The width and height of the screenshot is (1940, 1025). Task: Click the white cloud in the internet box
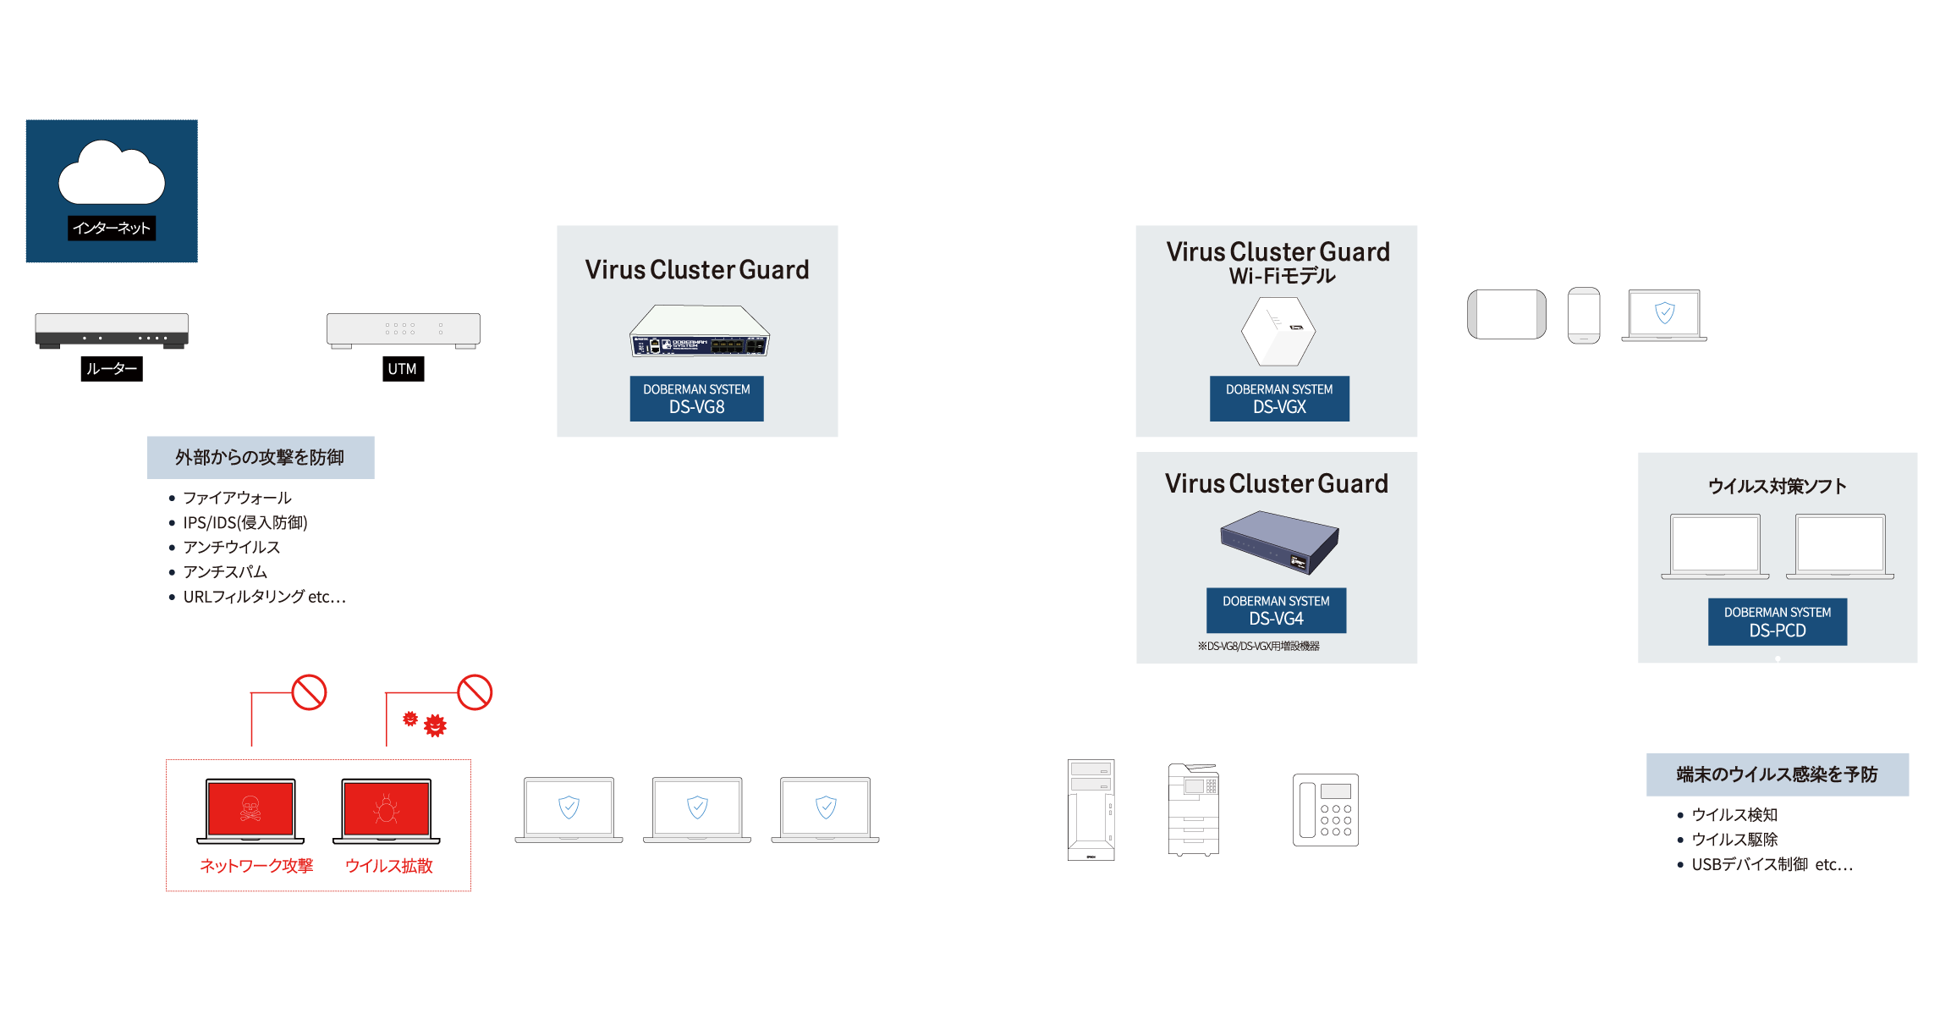pyautogui.click(x=111, y=174)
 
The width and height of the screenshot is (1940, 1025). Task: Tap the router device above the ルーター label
pyautogui.click(x=112, y=329)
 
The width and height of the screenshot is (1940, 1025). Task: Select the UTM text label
pyautogui.click(x=402, y=369)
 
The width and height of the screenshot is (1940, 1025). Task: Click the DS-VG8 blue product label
pyautogui.click(x=696, y=399)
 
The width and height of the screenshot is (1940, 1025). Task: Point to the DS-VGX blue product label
pyautogui.click(x=1279, y=399)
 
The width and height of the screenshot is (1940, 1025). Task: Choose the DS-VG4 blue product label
pyautogui.click(x=1276, y=610)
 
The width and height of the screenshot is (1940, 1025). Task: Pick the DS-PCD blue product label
pyautogui.click(x=1777, y=622)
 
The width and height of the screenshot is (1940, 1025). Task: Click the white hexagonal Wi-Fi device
pyautogui.click(x=1278, y=331)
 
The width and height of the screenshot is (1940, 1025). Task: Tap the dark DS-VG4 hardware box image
pyautogui.click(x=1279, y=543)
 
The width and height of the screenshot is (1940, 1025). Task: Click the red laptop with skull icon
pyautogui.click(x=250, y=810)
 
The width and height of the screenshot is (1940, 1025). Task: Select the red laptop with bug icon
pyautogui.click(x=387, y=810)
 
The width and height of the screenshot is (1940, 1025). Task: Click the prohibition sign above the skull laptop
pyautogui.click(x=309, y=692)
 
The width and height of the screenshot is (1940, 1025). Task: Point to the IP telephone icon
pyautogui.click(x=1325, y=810)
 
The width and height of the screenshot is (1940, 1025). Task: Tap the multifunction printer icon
pyautogui.click(x=1193, y=810)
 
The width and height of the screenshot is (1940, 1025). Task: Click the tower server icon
pyautogui.click(x=1091, y=810)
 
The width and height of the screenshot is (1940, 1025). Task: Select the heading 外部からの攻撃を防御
pyautogui.click(x=260, y=458)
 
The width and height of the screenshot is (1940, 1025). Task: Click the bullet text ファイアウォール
pyautogui.click(x=237, y=498)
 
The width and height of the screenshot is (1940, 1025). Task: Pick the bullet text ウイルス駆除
pyautogui.click(x=1734, y=840)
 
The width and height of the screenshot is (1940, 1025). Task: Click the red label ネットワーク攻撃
pyautogui.click(x=256, y=866)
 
